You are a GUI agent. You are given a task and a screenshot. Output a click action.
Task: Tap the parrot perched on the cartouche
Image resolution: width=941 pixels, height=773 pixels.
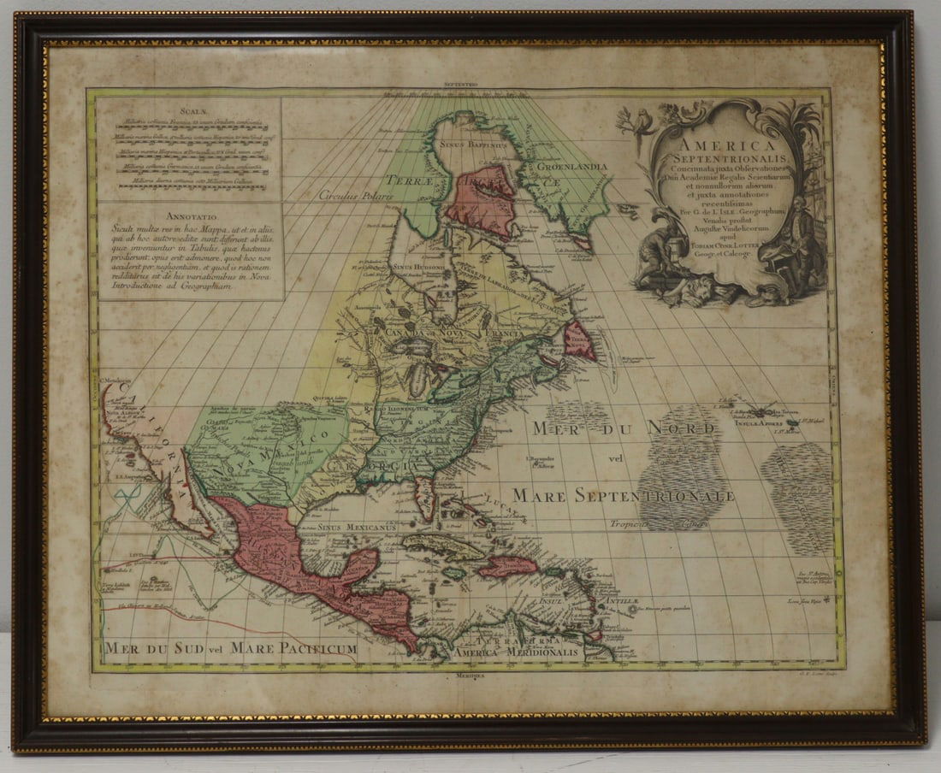[x=636, y=121]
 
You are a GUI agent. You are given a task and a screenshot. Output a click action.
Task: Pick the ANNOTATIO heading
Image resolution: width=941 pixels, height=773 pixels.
[x=188, y=216]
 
